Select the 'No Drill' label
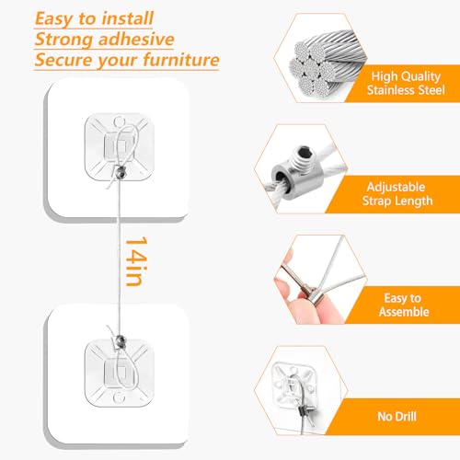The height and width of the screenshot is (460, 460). pos(405,417)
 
